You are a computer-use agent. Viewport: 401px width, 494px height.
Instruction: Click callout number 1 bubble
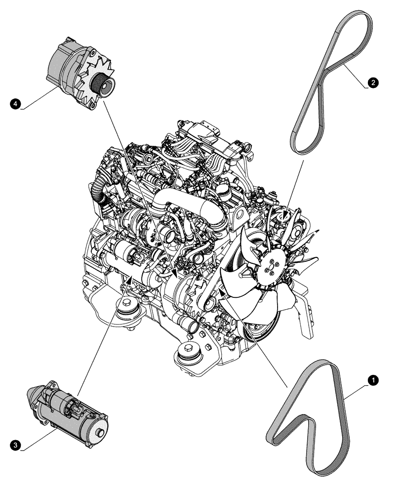click(x=374, y=380)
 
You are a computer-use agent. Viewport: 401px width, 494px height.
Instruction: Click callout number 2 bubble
click(x=374, y=82)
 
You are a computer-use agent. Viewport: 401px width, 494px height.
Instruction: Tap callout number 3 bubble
click(x=16, y=445)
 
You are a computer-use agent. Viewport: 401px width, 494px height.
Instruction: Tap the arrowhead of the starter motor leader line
click(x=130, y=281)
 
